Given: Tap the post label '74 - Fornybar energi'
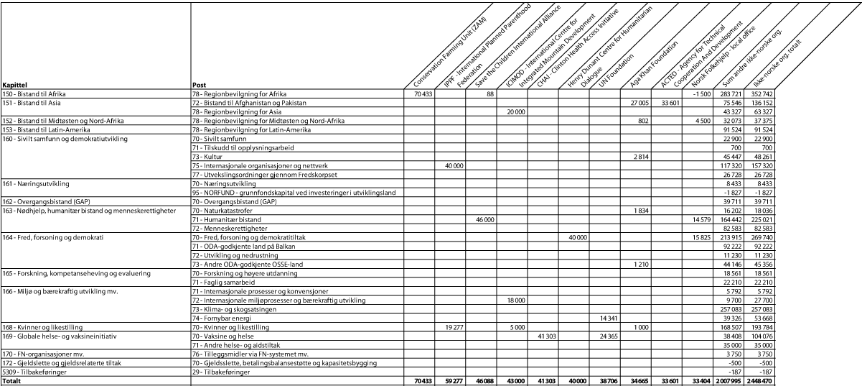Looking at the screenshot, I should [x=223, y=318].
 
